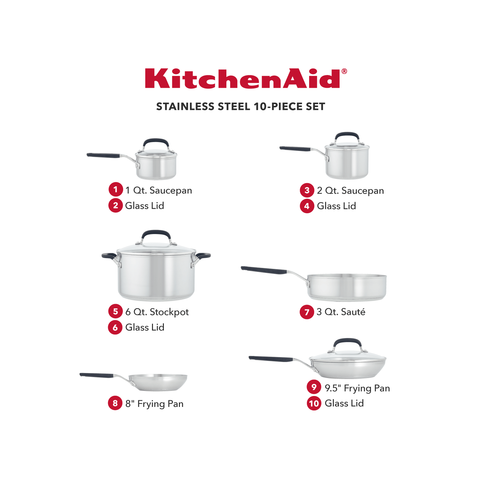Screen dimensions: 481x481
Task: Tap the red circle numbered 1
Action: click(x=115, y=190)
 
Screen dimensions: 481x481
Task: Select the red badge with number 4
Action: click(x=307, y=206)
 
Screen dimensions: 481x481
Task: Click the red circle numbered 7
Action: click(x=307, y=312)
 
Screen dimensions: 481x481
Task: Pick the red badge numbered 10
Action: click(x=314, y=403)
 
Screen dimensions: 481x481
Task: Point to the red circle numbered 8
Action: click(x=115, y=403)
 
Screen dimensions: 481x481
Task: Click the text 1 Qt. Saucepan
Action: click(x=159, y=190)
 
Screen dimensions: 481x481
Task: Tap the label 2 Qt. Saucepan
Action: click(x=350, y=191)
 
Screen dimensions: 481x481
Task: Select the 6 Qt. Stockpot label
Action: click(x=157, y=312)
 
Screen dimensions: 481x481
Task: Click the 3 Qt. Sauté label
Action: click(x=341, y=312)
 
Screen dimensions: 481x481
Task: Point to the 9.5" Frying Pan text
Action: click(x=357, y=388)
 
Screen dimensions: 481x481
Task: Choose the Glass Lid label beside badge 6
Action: click(x=145, y=327)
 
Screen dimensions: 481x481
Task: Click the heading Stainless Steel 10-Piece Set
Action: click(x=240, y=106)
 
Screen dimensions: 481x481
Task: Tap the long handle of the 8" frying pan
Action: click(x=97, y=375)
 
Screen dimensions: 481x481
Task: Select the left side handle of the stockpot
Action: click(x=108, y=256)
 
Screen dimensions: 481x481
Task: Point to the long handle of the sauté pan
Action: click(x=264, y=270)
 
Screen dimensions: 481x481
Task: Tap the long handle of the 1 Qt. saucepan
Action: click(x=103, y=156)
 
